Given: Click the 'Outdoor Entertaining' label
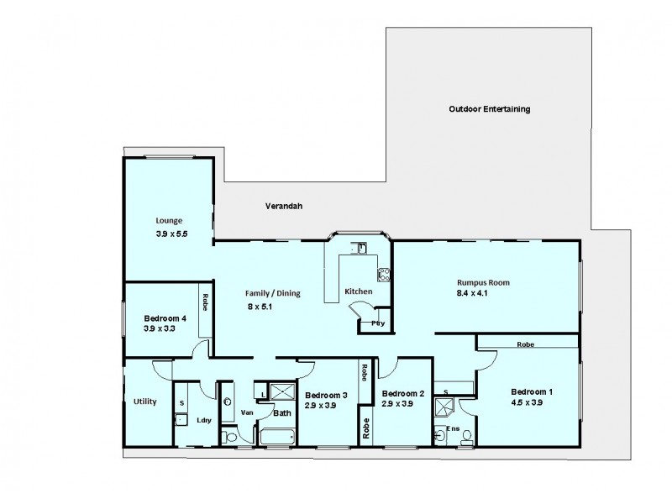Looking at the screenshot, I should click(490, 109).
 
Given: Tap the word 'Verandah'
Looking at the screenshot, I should click(283, 205).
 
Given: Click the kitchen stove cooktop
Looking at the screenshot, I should click(384, 273).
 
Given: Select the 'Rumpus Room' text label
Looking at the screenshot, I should click(483, 282).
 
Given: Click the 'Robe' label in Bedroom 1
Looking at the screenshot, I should click(526, 344).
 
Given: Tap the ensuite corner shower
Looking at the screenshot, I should click(443, 407).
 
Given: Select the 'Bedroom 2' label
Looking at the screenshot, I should click(402, 393).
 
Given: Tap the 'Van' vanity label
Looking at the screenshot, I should click(246, 412).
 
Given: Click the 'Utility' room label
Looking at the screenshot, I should click(144, 402).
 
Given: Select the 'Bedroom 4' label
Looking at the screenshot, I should click(165, 318).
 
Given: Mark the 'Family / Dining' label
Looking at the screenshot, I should click(272, 293).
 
